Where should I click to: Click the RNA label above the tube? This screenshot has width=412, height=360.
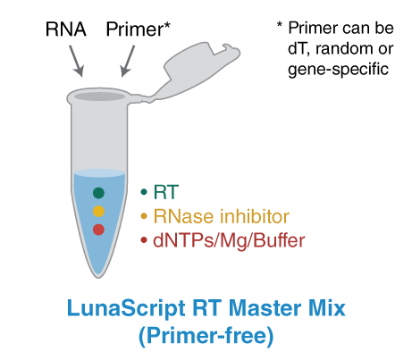tap(65, 28)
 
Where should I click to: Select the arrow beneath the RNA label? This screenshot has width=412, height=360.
tap(78, 60)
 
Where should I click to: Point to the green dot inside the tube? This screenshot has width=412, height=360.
tap(98, 193)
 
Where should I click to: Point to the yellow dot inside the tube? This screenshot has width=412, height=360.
tap(98, 212)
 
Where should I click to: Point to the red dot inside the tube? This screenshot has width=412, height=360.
tap(98, 230)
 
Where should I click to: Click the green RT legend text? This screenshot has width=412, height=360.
tap(164, 191)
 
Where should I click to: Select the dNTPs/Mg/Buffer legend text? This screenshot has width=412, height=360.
tap(229, 239)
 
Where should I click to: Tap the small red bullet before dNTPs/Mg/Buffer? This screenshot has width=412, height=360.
tap(144, 239)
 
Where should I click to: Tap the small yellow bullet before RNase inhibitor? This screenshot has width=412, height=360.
tap(144, 215)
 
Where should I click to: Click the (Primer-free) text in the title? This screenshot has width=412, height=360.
tap(205, 337)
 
